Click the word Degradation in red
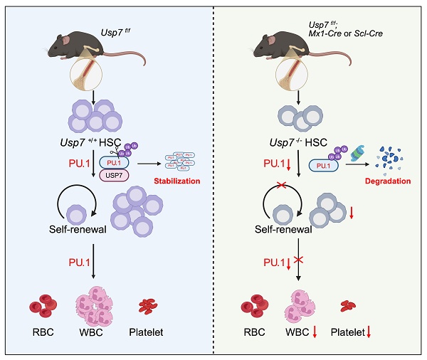coord(390,181)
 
